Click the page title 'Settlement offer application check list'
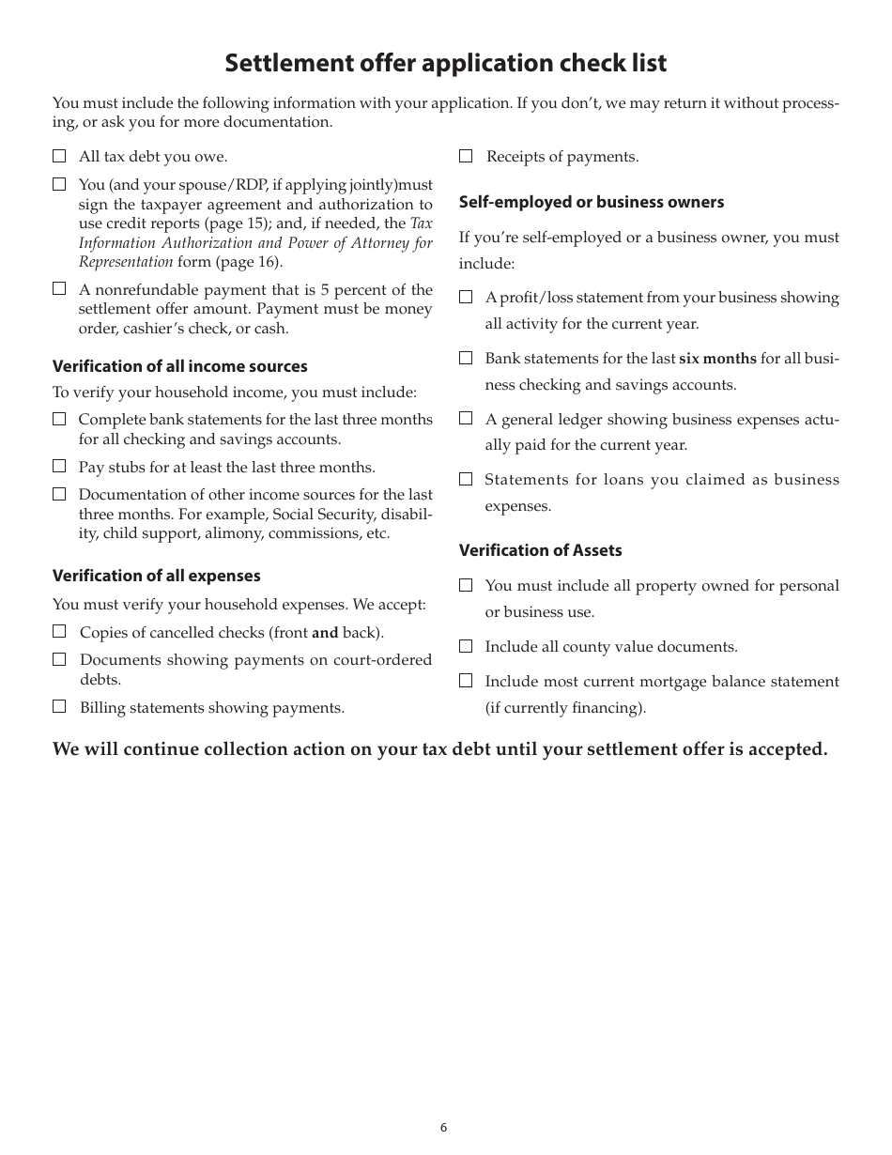coord(446,63)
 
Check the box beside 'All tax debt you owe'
coord(59,157)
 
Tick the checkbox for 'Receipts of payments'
coord(466,157)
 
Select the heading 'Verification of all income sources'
coord(179,366)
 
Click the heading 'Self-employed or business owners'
coord(591,202)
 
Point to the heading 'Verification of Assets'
coord(540,550)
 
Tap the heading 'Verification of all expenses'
coord(156,576)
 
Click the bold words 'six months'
coord(717,359)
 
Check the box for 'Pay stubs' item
coord(59,466)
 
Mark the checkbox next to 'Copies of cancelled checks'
coord(59,631)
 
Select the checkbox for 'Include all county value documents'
coord(466,646)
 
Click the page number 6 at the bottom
coord(444,1128)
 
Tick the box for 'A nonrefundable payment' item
coord(59,289)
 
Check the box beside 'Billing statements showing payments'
coord(59,706)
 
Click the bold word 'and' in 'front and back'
coord(325,633)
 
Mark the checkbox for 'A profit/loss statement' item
coord(466,297)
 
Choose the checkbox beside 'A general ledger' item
coord(466,418)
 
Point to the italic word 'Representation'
coord(126,262)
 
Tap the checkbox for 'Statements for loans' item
coord(466,479)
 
